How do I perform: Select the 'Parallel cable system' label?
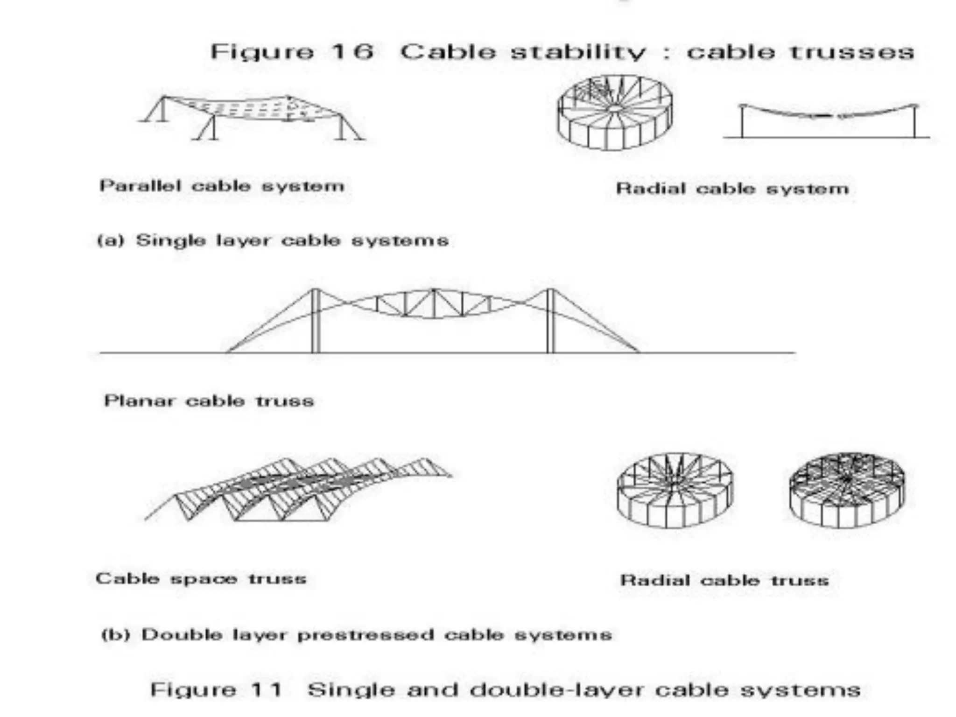(x=222, y=186)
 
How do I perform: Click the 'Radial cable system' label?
(x=732, y=189)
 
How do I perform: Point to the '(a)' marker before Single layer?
(x=110, y=241)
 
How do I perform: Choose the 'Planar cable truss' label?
(x=209, y=401)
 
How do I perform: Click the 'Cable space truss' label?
(x=201, y=579)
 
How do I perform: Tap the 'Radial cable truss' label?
(x=724, y=580)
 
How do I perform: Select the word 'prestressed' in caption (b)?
(x=365, y=635)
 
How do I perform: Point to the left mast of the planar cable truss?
(x=316, y=322)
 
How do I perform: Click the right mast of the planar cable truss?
(x=550, y=322)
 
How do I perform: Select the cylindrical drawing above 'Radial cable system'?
(x=615, y=112)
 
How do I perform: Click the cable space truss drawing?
(x=299, y=490)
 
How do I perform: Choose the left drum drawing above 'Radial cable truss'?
(x=675, y=490)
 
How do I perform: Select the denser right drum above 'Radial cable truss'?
(x=847, y=490)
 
